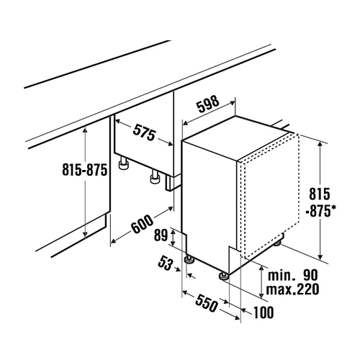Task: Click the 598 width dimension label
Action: tap(208, 104)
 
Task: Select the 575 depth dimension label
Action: tap(144, 132)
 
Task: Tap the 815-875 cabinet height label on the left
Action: tap(84, 169)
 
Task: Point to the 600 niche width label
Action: tap(143, 224)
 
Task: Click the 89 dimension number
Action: tap(161, 235)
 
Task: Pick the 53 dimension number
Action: tap(165, 263)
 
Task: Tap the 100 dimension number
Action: tap(264, 312)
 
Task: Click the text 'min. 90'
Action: tap(292, 275)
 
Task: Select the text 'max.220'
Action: tap(292, 289)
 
